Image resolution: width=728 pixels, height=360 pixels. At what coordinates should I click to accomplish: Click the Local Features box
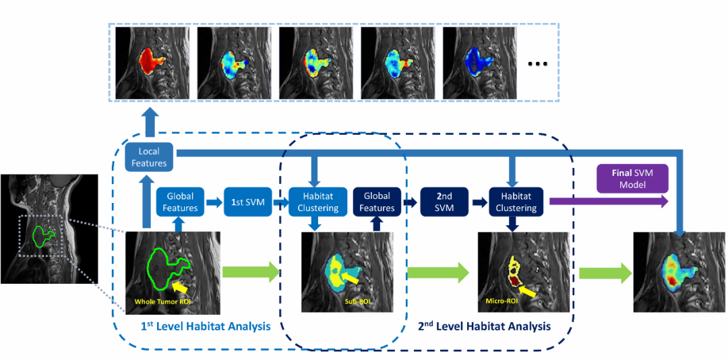point(149,157)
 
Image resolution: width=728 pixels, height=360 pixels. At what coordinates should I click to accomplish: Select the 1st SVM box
point(246,202)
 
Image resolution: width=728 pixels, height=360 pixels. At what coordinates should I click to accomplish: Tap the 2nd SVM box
point(442,202)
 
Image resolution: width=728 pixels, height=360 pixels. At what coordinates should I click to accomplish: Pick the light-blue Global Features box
point(180,202)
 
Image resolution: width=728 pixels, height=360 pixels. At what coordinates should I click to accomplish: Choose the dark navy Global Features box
point(377,202)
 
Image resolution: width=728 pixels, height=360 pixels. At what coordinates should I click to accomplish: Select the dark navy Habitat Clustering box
point(516,202)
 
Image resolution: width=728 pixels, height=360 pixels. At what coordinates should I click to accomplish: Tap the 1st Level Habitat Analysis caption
point(205,326)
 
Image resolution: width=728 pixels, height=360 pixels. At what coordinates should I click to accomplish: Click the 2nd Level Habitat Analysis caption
point(484,326)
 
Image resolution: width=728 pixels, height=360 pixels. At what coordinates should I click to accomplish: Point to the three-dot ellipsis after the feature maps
point(538,64)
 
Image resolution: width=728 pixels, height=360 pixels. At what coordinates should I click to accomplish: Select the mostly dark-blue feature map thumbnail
point(480,63)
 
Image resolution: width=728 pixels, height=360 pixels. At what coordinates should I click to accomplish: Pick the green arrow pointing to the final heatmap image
point(605,273)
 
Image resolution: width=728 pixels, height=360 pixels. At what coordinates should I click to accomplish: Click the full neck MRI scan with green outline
point(49,229)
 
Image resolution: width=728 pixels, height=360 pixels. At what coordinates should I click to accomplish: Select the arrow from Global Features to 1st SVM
point(214,202)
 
